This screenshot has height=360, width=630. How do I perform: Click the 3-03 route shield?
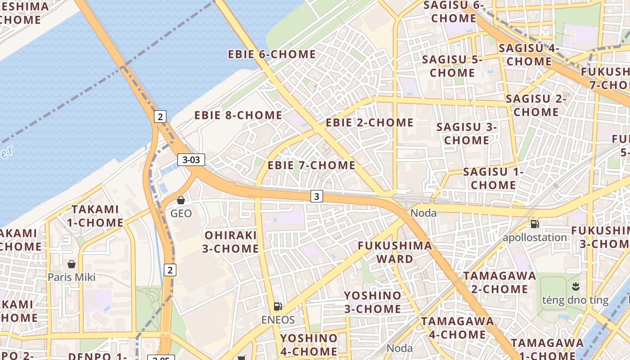pos(191,159)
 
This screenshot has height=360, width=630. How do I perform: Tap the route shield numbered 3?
pos(317,196)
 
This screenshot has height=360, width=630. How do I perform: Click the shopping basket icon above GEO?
pos(181,200)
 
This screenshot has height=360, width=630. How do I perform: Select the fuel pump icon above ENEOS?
pos(278,307)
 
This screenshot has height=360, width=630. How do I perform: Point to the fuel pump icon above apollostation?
pos(535,224)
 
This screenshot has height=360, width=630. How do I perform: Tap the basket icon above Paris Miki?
pos(71,264)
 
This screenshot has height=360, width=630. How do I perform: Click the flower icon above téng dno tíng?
pos(575,286)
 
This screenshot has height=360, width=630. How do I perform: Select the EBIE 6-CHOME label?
pos(272,54)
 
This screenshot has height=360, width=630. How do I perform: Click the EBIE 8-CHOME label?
pos(238,116)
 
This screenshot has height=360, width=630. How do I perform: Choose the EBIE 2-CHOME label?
pos(369,123)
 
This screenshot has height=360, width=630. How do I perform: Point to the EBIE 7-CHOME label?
pos(311,166)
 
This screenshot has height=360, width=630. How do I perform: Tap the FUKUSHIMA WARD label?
pos(395,252)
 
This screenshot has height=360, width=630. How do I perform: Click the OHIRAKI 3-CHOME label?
pos(230,242)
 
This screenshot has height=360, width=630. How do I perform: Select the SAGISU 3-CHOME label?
pos(467,134)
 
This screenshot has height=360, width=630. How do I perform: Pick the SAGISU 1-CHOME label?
pos(493,178)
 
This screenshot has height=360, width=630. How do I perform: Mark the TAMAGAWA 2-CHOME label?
pos(499,282)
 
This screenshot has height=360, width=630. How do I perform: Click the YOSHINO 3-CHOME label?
pos(373,302)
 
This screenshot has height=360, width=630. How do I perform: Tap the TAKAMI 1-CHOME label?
pos(95,216)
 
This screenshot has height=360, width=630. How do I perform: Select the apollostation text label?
pos(535,238)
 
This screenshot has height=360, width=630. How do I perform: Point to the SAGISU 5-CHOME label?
pos(452,66)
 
